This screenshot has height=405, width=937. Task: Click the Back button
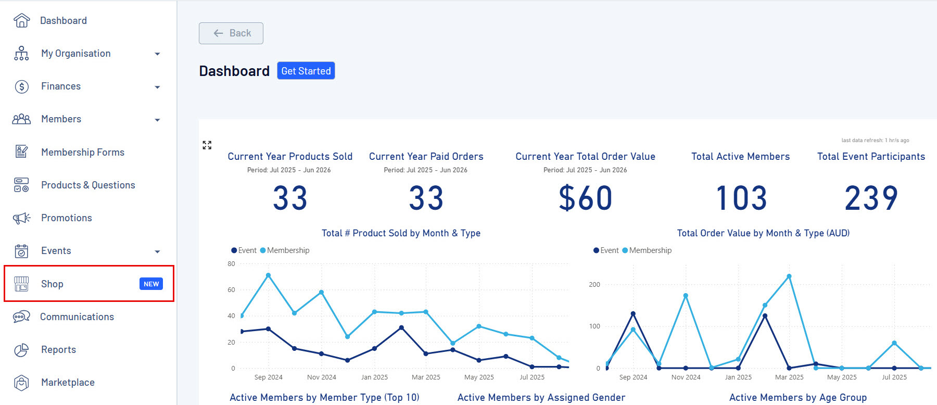(231, 33)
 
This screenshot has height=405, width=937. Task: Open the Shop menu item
(52, 284)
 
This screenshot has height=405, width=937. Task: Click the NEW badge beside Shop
(151, 284)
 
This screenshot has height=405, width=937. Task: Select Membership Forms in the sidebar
(82, 152)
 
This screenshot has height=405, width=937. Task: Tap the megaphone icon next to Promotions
(21, 218)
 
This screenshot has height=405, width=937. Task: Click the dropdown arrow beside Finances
(157, 87)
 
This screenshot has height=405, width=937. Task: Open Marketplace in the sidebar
(68, 383)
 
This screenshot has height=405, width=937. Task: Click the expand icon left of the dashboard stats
(207, 145)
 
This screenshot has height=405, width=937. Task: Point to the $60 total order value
(585, 198)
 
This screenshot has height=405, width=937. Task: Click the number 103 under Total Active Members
(741, 198)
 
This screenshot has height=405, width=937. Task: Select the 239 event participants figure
(871, 198)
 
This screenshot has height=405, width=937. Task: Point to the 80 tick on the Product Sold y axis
(231, 264)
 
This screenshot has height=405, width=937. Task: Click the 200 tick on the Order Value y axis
(594, 285)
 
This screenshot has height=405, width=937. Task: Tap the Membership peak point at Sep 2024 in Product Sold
(268, 275)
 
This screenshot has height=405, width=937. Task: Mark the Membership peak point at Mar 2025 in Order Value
(789, 276)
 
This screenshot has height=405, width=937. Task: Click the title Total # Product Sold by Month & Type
(401, 233)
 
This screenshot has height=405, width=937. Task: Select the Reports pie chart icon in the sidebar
(21, 350)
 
